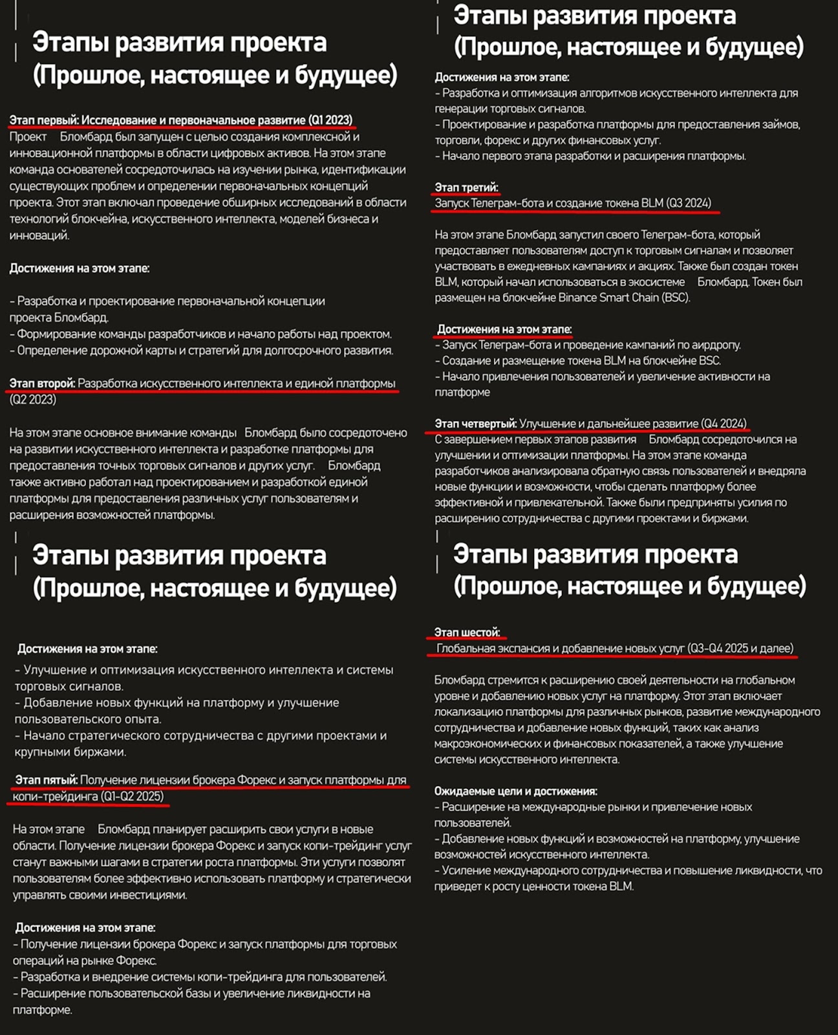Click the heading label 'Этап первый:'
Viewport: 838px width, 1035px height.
click(x=44, y=120)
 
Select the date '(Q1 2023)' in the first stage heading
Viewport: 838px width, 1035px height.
click(x=330, y=120)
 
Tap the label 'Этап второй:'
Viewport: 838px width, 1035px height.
click(x=42, y=384)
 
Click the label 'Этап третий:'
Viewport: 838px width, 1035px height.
click(x=466, y=188)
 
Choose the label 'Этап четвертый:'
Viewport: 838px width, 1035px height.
click(x=475, y=424)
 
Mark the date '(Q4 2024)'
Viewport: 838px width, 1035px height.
click(x=724, y=424)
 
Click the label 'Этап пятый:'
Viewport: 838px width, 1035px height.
click(x=47, y=780)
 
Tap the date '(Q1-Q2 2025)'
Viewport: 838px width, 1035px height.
click(x=132, y=796)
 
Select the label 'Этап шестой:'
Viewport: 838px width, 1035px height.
click(x=467, y=633)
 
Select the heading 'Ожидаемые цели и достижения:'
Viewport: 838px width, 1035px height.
click(x=515, y=791)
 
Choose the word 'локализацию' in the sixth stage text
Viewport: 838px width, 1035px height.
click(x=467, y=712)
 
